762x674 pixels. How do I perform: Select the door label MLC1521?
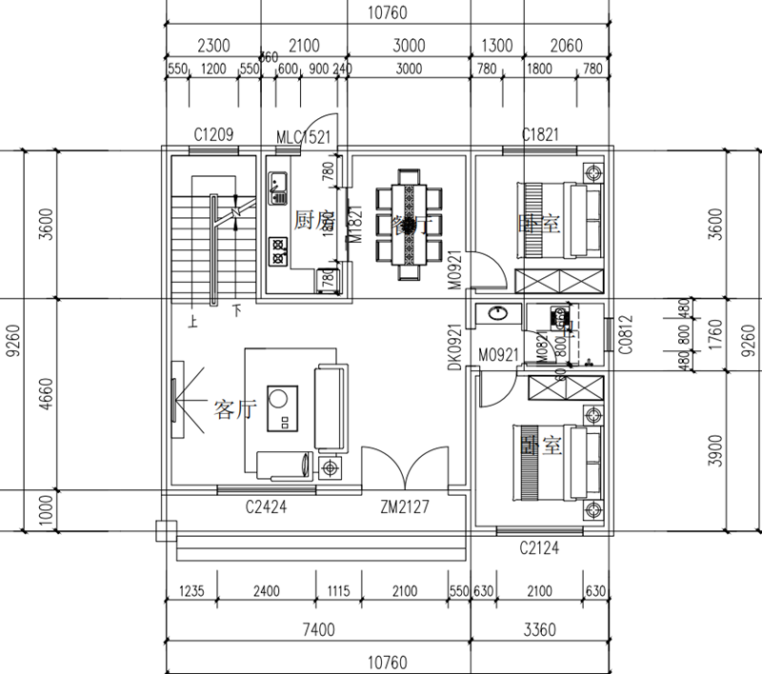pyautogui.click(x=302, y=137)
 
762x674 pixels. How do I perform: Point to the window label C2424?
pyautogui.click(x=266, y=507)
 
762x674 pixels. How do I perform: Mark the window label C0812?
pyautogui.click(x=626, y=335)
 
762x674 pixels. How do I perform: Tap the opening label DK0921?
pyautogui.click(x=455, y=347)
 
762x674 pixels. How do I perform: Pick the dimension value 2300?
pyautogui.click(x=212, y=46)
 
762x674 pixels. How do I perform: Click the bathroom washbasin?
pyautogui.click(x=496, y=312)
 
